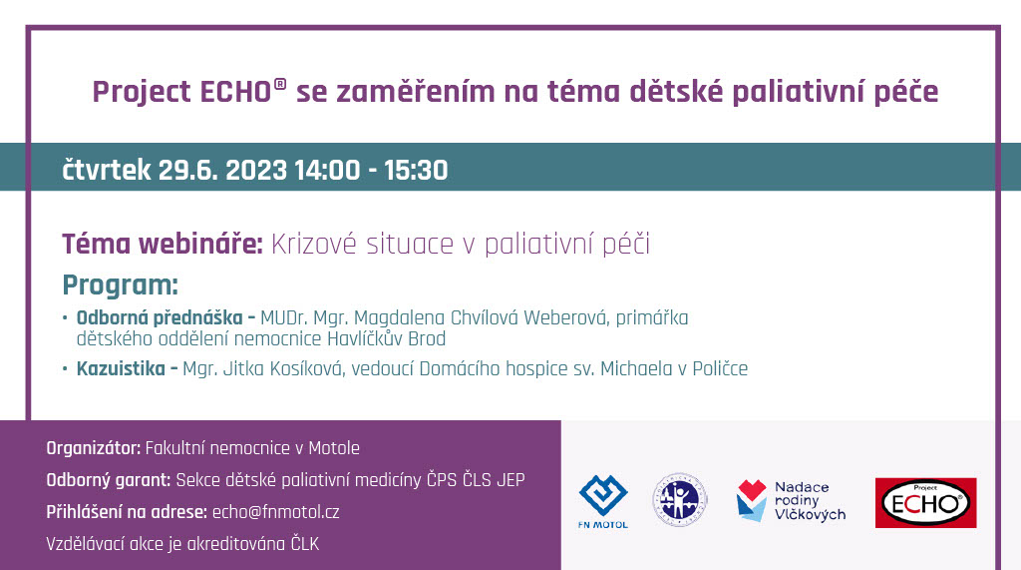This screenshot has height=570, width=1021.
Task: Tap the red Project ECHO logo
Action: [x=925, y=502]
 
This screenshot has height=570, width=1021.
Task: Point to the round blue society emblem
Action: [x=681, y=499]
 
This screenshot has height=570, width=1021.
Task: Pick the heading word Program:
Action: [x=120, y=285]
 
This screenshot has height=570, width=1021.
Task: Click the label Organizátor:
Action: [x=94, y=448]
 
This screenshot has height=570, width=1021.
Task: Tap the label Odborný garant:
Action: [x=109, y=480]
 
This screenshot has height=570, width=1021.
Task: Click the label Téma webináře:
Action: [x=163, y=244]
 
